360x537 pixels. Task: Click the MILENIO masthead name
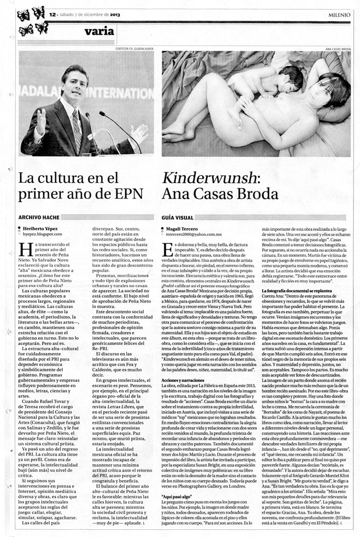pos(339,15)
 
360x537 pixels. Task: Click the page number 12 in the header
pos(52,15)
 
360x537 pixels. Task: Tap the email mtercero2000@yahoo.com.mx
pos(194,235)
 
